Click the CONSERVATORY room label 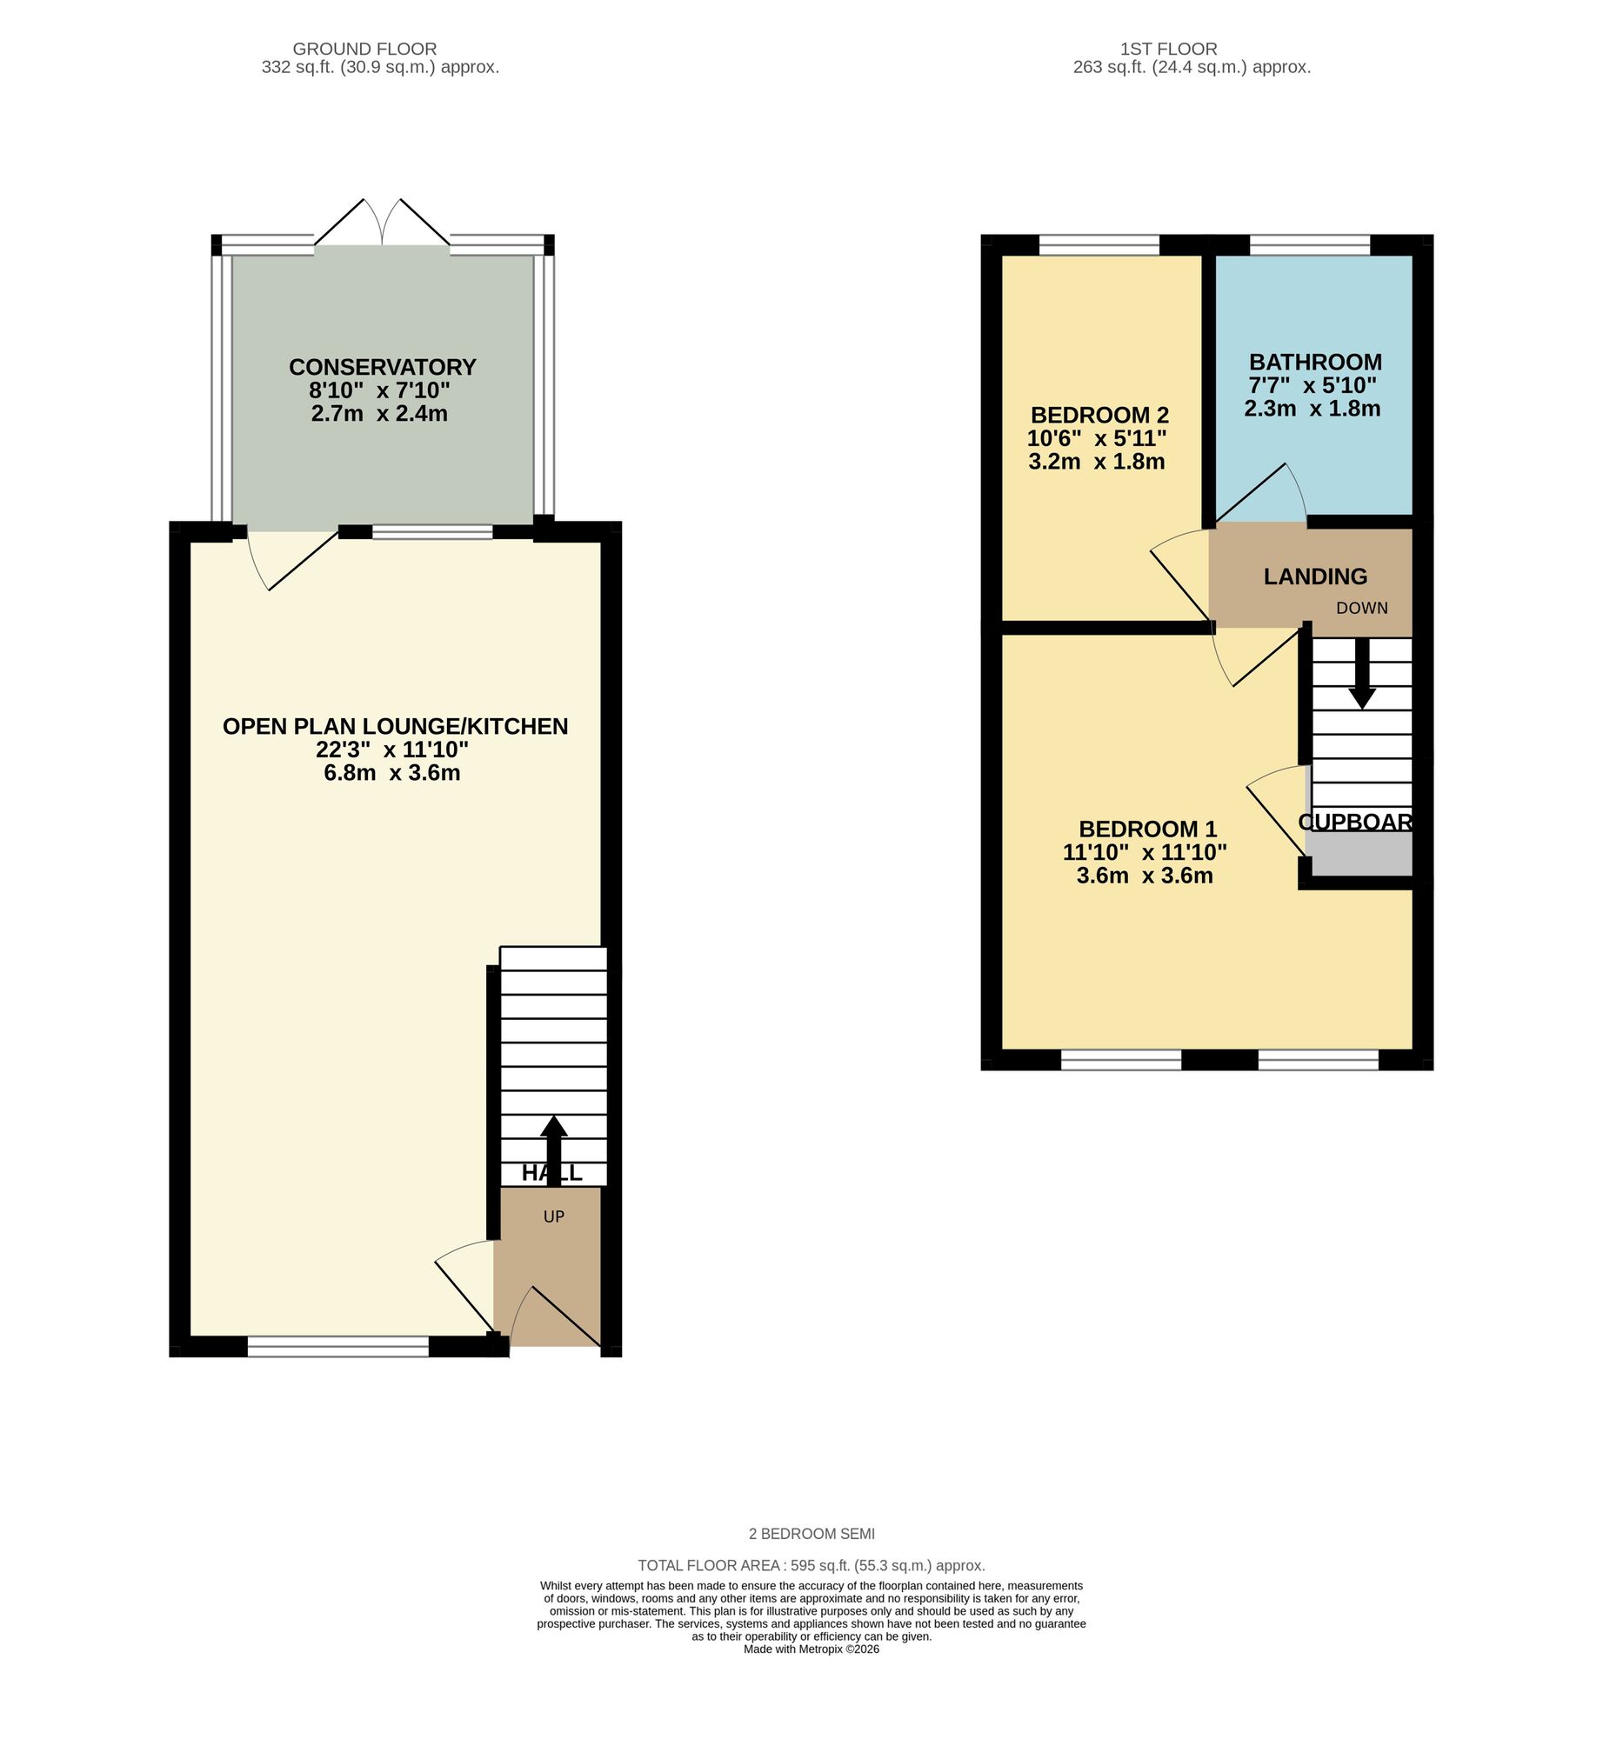click(382, 367)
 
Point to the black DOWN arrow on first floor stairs click(1362, 674)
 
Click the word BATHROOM click(1315, 362)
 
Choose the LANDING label click(1315, 576)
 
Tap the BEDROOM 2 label click(1099, 415)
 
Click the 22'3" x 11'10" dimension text click(392, 750)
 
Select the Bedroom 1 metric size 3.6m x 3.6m click(1145, 876)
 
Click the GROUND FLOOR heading click(364, 49)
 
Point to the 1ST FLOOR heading click(1168, 49)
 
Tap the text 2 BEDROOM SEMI click(812, 1534)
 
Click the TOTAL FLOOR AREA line click(812, 1565)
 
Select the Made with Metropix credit click(812, 1649)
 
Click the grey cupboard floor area click(1359, 855)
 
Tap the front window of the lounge click(338, 1347)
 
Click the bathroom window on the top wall click(1310, 245)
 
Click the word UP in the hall click(554, 1216)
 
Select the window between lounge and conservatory click(432, 532)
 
